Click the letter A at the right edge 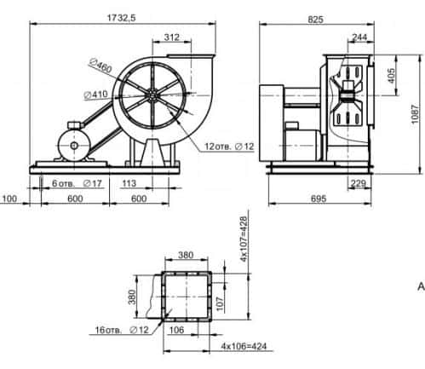pos(419,288)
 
